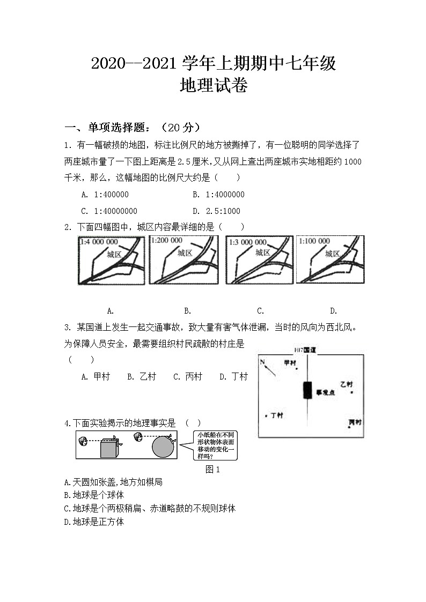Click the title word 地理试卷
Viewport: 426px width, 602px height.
pos(214,86)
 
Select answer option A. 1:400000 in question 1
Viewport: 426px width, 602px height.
pos(105,195)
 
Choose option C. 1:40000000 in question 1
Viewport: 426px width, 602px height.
pos(109,211)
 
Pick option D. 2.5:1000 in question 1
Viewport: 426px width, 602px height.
pos(216,211)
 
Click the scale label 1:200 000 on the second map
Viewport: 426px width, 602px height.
pos(166,240)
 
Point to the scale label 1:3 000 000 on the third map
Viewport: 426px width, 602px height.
pos(247,242)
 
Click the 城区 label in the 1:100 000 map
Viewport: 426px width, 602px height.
pos(333,254)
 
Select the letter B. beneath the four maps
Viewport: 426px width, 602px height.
pos(187,310)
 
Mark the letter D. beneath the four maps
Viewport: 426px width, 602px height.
pos(333,310)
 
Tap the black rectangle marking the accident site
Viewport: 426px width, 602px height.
pos(307,390)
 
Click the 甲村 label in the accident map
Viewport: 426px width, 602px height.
pos(290,363)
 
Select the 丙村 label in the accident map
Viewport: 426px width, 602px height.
pos(354,422)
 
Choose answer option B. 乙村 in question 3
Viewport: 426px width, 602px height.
pos(141,377)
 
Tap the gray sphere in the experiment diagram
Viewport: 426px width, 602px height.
pos(163,447)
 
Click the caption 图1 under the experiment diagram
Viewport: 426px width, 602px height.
pos(213,469)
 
